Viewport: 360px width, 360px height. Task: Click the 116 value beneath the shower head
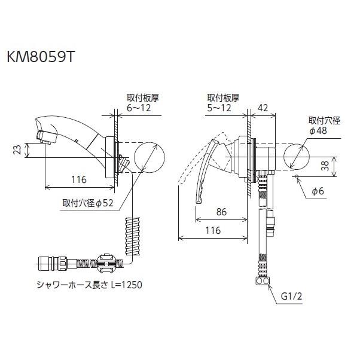(x=78, y=179)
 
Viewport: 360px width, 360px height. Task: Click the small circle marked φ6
(x=296, y=178)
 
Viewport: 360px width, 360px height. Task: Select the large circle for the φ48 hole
(x=296, y=157)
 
